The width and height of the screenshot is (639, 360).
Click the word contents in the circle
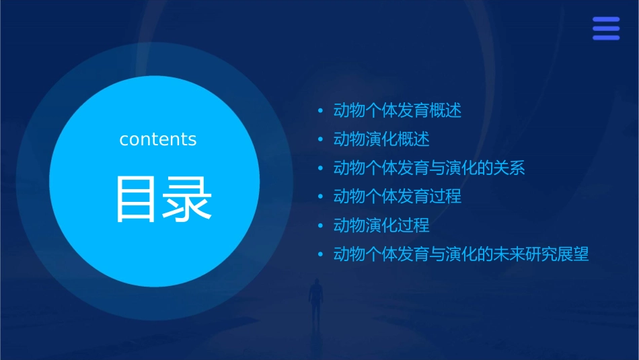point(158,139)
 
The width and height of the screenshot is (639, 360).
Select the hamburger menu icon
point(606,29)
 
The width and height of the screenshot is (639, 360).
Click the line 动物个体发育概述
point(398,111)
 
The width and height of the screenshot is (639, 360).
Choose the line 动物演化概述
point(381,139)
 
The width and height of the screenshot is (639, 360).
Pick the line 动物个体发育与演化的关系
point(429,168)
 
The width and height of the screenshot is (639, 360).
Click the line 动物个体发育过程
point(398,196)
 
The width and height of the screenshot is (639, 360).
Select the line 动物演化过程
point(381,225)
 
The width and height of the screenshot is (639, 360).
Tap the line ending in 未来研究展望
point(461,254)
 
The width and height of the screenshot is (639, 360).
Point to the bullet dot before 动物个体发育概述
point(320,111)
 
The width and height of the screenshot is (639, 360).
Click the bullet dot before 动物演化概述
point(320,139)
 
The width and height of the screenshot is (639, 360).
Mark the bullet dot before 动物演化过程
point(320,225)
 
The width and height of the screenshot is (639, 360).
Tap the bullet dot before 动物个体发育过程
point(320,196)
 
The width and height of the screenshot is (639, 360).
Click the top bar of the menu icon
point(606,20)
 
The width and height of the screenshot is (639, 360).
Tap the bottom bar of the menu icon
point(606,38)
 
